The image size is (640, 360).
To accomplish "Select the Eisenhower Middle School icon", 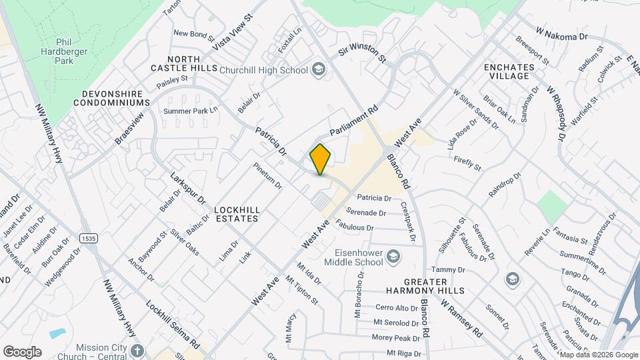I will point(393,257).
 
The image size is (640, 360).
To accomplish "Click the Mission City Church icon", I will point(137,351).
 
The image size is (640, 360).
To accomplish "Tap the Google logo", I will point(22,351).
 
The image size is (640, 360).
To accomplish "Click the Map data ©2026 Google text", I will point(599,355).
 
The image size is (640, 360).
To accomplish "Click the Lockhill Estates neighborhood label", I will point(237,213).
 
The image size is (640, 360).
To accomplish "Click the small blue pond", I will point(57,333).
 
